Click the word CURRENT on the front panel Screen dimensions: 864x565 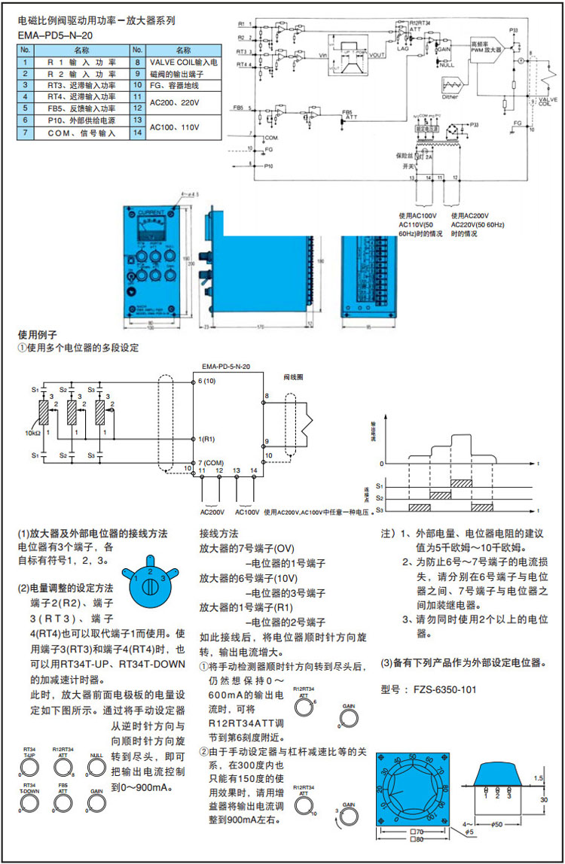click(x=151, y=212)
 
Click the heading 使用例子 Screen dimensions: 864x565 click(x=37, y=333)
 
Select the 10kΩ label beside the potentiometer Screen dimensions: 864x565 click(x=33, y=434)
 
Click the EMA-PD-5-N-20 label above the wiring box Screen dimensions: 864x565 click(x=226, y=366)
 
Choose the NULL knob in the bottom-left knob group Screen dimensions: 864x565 click(x=96, y=766)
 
